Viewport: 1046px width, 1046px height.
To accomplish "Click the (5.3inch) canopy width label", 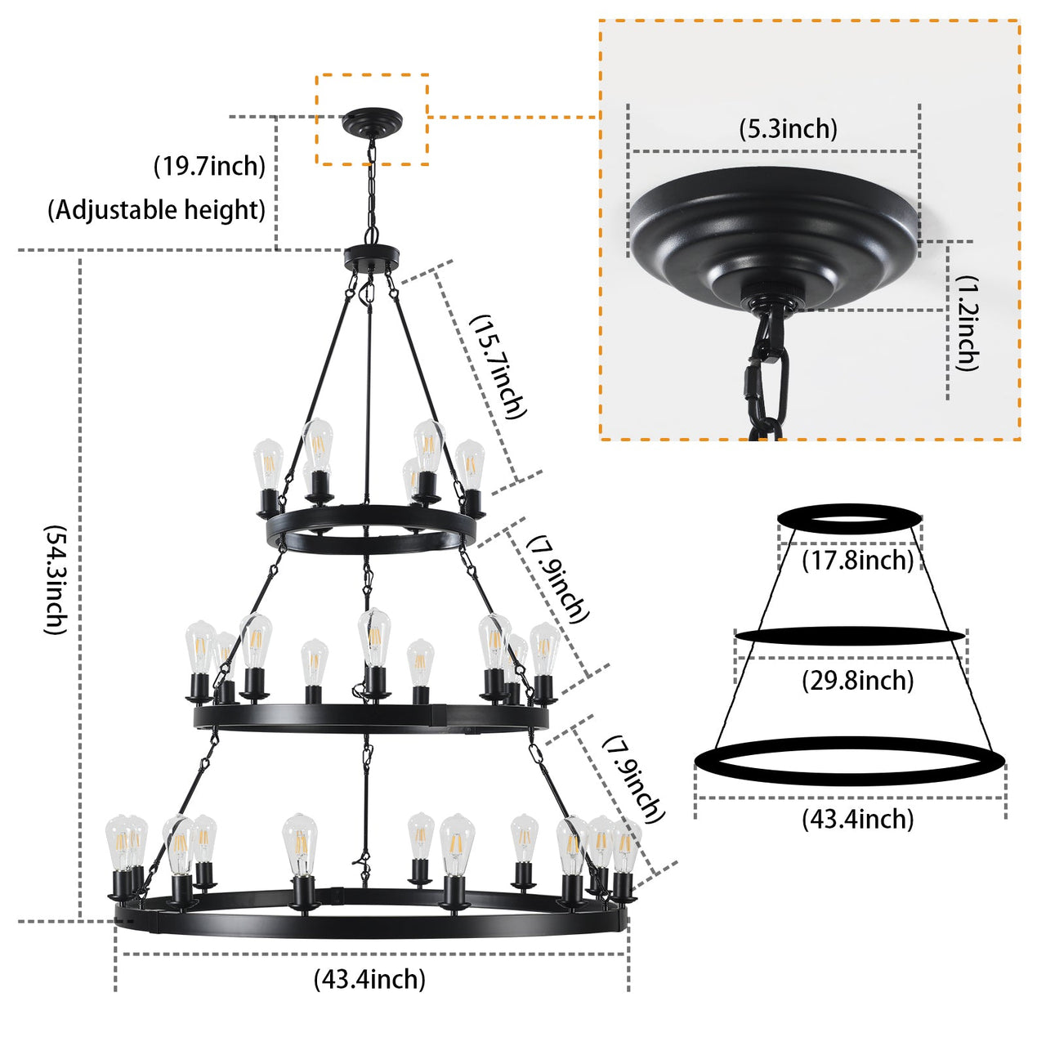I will click(788, 129).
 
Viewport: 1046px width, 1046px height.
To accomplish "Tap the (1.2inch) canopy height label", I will click(968, 324).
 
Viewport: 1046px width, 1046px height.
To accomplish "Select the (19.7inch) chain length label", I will click(210, 167).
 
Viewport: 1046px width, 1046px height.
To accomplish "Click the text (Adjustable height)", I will click(156, 210).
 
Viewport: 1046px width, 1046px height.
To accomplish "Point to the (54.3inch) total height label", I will click(54, 579).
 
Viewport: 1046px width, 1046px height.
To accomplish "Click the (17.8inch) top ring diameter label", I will click(857, 561).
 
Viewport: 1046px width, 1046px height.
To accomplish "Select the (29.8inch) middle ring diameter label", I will click(857, 680).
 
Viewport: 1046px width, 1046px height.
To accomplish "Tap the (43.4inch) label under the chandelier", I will click(369, 978).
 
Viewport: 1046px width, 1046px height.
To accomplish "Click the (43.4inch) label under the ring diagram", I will click(857, 818).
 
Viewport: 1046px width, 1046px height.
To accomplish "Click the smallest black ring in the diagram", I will click(850, 517).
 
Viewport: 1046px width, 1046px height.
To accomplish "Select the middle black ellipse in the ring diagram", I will click(850, 636).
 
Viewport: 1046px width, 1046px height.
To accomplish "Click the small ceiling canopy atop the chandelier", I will click(373, 123).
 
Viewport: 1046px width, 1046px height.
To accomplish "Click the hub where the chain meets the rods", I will click(373, 257).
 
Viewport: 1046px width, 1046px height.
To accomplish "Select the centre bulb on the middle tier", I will click(373, 640).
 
